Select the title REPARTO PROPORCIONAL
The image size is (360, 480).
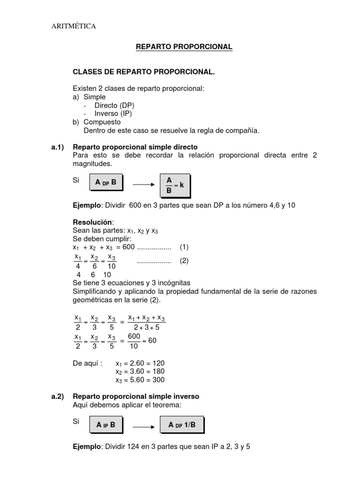184,47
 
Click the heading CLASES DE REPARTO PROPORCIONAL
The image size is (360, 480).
144,72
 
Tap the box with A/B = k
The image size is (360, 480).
175,185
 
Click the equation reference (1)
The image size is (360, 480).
184,247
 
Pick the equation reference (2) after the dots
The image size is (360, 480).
184,261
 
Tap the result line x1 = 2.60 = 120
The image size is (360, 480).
140,363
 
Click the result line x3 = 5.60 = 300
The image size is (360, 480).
140,380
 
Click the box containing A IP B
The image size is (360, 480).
105,425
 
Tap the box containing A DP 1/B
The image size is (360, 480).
182,425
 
